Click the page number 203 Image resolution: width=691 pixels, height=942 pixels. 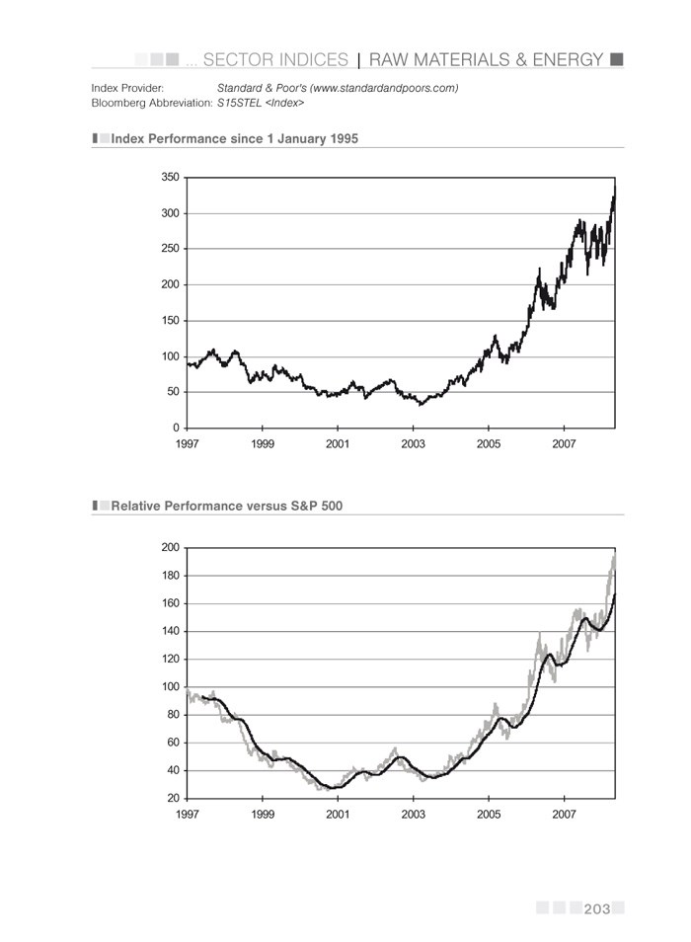pos(597,908)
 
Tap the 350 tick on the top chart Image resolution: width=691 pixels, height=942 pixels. pos(170,178)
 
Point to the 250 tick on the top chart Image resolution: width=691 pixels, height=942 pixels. pos(170,249)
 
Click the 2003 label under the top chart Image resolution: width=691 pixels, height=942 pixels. pos(413,444)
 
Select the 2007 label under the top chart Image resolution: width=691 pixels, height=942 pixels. pos(564,444)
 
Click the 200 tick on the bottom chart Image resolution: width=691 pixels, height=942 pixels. pos(170,547)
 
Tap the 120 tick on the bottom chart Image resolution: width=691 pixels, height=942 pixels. pos(170,659)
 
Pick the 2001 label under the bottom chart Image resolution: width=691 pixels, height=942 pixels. pos(338,815)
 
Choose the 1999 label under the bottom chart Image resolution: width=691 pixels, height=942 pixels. pos(263,815)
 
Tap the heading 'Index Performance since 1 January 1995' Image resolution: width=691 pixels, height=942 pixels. pos(234,139)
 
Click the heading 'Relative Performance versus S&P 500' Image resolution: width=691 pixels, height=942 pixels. pos(227,506)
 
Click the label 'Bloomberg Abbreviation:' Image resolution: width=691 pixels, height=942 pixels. pos(152,103)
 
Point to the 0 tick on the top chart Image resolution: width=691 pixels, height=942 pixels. pos(176,428)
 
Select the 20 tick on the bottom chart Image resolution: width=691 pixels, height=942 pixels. pos(173,798)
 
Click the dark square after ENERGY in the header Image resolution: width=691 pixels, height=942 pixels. pos(617,59)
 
